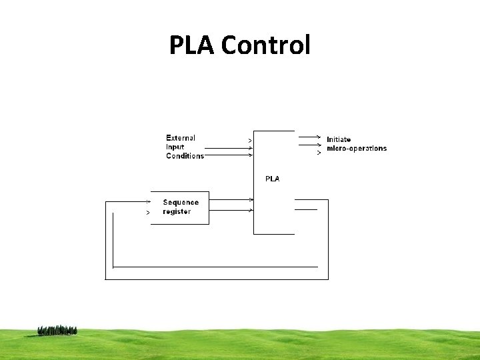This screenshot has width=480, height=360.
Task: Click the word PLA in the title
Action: click(192, 45)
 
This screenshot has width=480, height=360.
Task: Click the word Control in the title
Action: click(265, 45)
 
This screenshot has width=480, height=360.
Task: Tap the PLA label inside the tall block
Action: click(272, 179)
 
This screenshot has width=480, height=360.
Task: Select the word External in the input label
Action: click(181, 138)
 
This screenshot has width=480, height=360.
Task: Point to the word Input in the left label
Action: click(175, 147)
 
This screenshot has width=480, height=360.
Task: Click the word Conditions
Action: click(185, 156)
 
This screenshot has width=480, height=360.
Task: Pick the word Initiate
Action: click(339, 139)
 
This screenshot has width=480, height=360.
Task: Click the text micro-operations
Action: click(357, 149)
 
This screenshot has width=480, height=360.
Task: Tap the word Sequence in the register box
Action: click(181, 203)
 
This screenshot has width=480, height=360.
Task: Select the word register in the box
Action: click(177, 212)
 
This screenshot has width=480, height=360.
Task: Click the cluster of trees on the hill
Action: click(57, 330)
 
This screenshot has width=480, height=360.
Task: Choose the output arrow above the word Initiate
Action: click(308, 136)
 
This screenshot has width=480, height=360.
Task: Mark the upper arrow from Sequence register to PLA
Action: click(231, 199)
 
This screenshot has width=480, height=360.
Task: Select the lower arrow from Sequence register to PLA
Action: click(231, 211)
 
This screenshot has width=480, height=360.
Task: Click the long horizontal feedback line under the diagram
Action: click(220, 267)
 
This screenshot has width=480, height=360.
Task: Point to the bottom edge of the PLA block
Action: click(273, 234)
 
